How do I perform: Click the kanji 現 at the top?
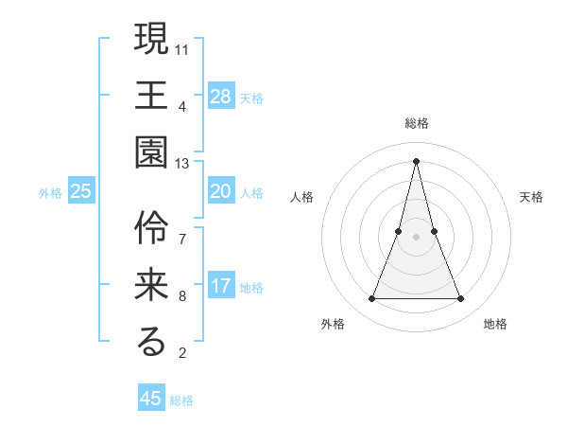151,39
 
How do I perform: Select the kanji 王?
151,97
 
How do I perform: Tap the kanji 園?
151,154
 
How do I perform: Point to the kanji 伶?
151,228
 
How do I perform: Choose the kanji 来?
151,286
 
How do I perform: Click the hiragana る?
151,344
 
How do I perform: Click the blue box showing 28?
221,97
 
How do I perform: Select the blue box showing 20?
221,191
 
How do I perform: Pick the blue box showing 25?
81,191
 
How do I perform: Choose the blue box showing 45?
151,399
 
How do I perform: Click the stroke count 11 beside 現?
182,48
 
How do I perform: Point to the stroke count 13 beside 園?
182,164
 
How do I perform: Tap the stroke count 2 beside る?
182,354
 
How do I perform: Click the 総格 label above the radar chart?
416,123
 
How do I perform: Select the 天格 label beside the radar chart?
532,197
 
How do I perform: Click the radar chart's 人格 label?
301,197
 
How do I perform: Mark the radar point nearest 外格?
371,299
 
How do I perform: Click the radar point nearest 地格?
461,299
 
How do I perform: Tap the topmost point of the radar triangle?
416,160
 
